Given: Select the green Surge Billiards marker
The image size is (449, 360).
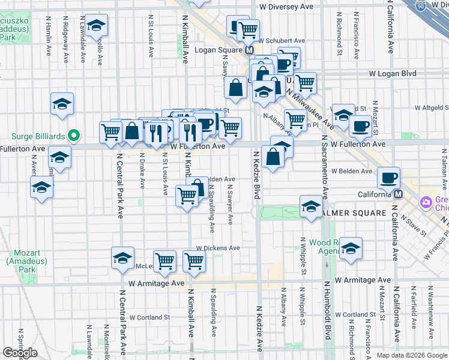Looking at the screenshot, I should pyautogui.click(x=74, y=136).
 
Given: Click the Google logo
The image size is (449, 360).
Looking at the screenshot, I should pyautogui.click(x=20, y=353).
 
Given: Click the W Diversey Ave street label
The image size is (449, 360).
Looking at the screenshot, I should pyautogui.click(x=286, y=7).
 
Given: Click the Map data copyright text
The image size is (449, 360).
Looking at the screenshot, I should pyautogui.click(x=411, y=355).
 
